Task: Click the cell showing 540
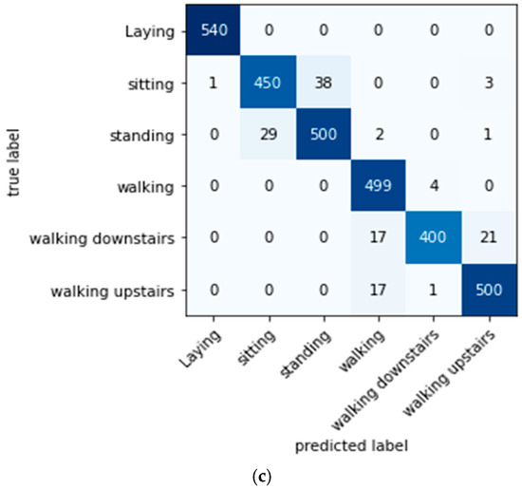(215, 30)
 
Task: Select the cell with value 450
(269, 83)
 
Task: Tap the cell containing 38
(323, 83)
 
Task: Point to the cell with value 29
(269, 136)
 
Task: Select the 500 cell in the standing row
(323, 136)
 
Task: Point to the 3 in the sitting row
(485, 83)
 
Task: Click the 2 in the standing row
(378, 136)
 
